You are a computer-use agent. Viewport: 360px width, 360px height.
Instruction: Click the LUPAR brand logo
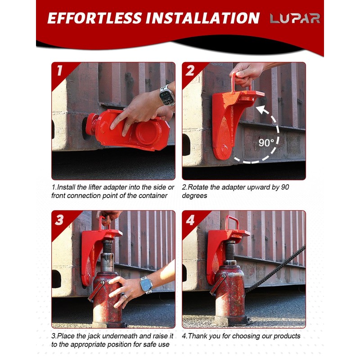[x=295, y=18]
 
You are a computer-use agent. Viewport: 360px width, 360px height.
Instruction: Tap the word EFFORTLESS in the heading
[x=94, y=18]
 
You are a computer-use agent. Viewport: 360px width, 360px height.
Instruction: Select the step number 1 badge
[x=59, y=70]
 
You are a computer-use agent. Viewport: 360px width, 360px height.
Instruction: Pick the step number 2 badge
[x=190, y=70]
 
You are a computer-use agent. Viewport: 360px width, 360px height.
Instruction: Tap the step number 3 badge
[x=59, y=220]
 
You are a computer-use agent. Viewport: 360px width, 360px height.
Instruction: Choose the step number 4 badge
[x=190, y=220]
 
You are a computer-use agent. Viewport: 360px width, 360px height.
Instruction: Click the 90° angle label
[x=266, y=143]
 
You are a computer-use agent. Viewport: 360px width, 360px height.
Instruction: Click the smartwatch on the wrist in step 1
[x=167, y=96]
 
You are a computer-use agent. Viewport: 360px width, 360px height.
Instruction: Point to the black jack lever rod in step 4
[x=275, y=269]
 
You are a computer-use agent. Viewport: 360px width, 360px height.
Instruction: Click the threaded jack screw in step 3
[x=108, y=247]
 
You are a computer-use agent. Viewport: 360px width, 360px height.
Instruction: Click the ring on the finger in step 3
[x=126, y=297]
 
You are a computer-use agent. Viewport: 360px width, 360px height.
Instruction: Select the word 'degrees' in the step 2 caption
[x=194, y=196]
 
